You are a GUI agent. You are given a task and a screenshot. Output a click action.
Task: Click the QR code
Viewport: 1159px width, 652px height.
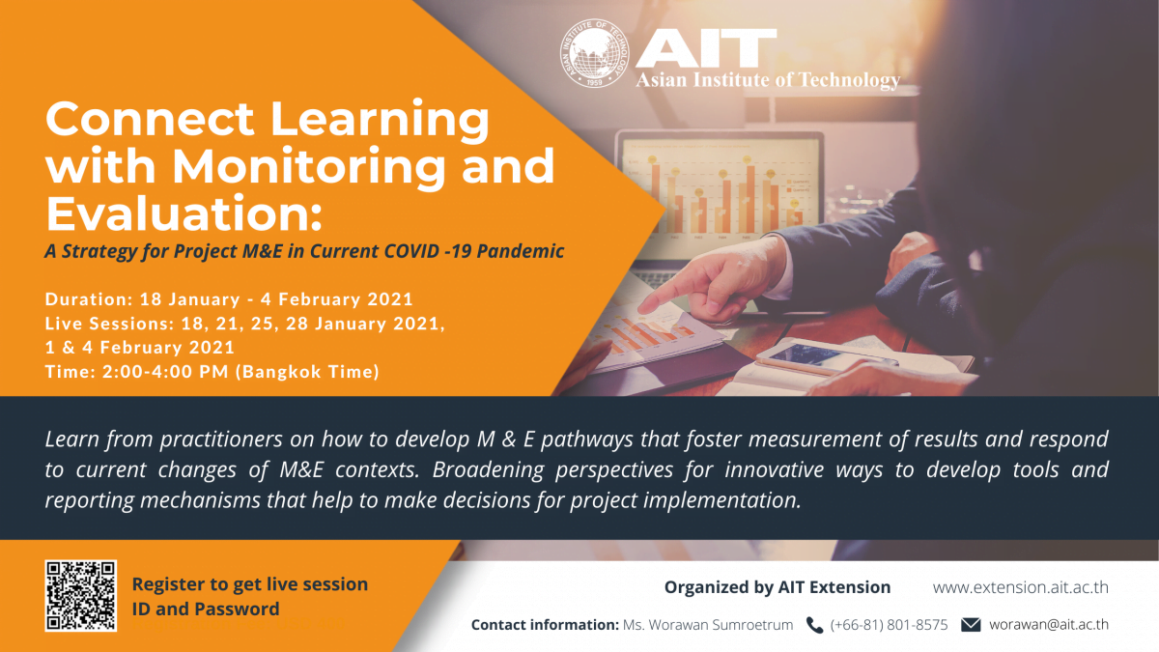81,596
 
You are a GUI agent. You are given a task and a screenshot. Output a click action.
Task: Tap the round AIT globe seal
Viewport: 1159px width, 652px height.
595,53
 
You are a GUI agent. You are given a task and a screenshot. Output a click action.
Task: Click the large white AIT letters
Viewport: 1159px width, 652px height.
706,47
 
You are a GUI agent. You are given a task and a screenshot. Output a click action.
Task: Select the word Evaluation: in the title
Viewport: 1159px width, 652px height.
184,213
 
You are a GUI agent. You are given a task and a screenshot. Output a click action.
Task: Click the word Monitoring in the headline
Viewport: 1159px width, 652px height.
308,165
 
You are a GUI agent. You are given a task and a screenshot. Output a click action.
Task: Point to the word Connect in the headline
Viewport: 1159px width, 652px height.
150,119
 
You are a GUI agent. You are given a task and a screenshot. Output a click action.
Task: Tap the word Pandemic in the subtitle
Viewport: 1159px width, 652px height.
520,251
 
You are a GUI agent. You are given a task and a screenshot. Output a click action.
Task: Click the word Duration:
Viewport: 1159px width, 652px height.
89,299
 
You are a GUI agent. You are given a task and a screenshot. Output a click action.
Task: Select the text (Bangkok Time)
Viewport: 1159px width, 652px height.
307,372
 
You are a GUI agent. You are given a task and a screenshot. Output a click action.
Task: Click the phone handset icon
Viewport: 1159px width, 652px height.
814,625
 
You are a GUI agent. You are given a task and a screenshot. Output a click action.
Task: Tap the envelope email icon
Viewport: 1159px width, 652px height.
971,625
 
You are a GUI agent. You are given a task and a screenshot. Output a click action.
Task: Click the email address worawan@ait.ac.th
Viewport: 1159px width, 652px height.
1049,625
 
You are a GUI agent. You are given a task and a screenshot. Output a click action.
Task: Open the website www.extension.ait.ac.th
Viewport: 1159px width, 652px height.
1020,587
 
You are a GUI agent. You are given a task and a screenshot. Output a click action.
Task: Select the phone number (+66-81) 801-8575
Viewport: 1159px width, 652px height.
889,625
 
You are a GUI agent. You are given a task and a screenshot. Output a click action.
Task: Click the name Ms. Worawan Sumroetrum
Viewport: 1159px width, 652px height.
708,625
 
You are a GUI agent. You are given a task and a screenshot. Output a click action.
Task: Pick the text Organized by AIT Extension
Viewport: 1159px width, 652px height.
777,587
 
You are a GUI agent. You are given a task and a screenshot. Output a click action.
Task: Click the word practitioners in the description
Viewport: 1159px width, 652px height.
221,439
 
